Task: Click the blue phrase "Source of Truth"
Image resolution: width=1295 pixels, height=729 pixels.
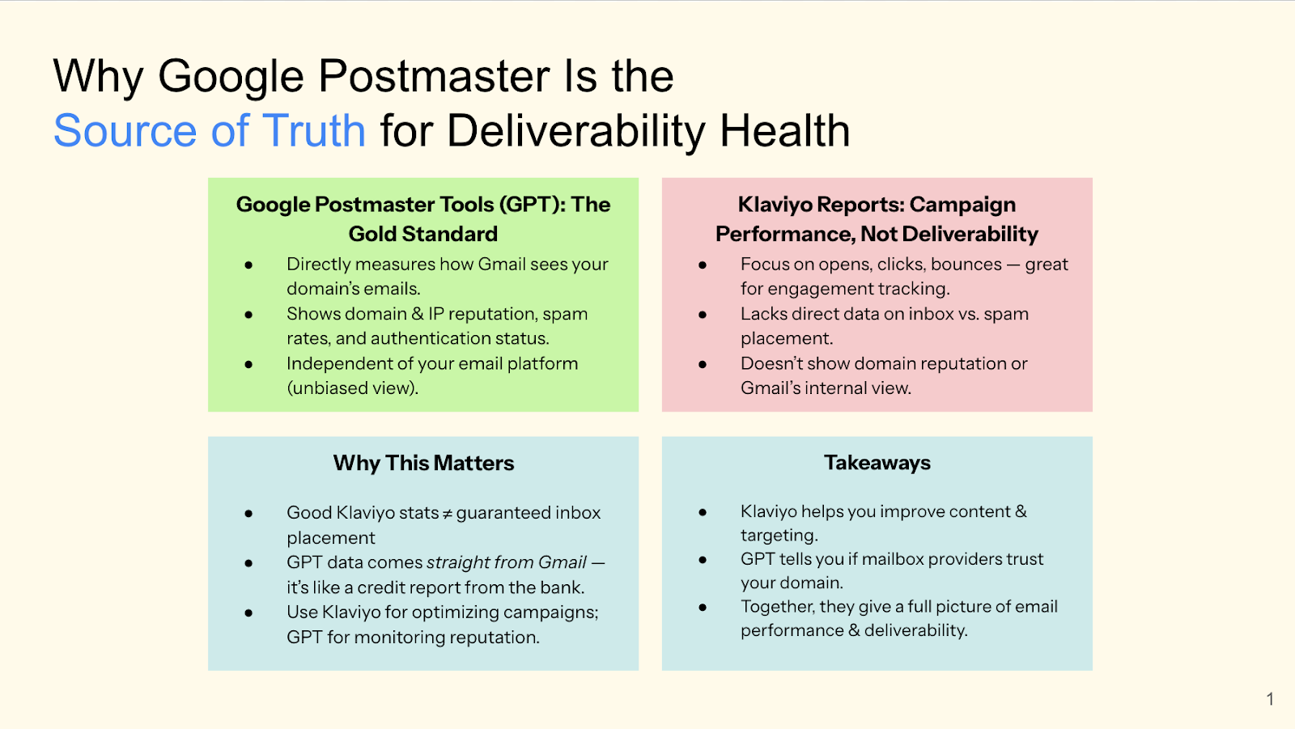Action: (x=209, y=131)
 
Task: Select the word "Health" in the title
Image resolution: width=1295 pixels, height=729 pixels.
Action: (x=784, y=131)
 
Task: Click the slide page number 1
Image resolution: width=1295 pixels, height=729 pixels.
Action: (x=1270, y=699)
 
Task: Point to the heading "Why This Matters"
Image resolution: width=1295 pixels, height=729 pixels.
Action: (x=423, y=463)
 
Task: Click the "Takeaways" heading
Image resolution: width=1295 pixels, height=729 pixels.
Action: (x=877, y=463)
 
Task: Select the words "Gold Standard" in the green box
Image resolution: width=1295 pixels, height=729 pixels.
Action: (x=423, y=234)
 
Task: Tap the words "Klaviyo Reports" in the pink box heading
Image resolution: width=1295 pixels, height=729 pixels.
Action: (x=819, y=205)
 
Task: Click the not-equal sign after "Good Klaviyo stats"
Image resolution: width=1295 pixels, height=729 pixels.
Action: (x=447, y=514)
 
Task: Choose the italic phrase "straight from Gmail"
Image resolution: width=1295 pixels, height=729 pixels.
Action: (x=506, y=562)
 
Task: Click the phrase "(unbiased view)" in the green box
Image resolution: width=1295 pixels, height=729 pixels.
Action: (x=352, y=388)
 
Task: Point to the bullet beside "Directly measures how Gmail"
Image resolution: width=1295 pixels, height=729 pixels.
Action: (x=248, y=265)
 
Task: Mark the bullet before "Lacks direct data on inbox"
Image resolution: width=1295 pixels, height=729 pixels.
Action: (x=703, y=315)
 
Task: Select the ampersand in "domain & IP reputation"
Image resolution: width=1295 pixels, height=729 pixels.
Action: (x=417, y=314)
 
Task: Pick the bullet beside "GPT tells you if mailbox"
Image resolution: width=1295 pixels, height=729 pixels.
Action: (x=703, y=560)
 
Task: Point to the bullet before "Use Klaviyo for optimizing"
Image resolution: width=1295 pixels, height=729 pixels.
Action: (x=248, y=613)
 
